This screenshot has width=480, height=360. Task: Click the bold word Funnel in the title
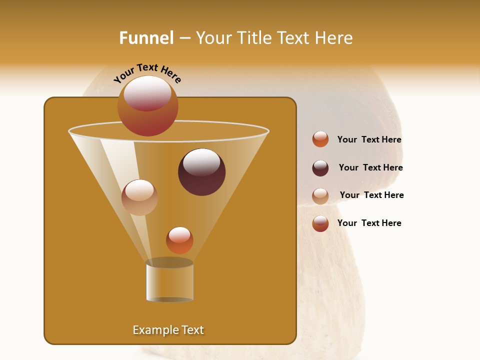coord(146,38)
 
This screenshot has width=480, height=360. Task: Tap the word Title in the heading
coord(254,38)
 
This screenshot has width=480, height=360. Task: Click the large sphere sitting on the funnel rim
coord(148,106)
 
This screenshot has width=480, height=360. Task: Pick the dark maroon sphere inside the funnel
coord(202,172)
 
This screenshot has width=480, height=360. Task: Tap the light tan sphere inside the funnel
coord(139,197)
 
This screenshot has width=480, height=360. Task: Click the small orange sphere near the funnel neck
coord(179,240)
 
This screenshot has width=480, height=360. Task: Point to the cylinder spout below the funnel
coord(169,281)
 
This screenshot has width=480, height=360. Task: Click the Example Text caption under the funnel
coord(168,330)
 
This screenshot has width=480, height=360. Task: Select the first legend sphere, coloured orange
coord(320,139)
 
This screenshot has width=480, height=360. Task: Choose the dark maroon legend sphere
coord(320,168)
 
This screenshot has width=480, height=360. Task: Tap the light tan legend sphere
coord(320,196)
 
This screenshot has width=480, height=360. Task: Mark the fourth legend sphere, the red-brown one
coord(320,223)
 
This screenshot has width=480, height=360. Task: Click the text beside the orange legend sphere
coord(369,140)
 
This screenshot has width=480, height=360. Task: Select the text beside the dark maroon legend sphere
coord(370,168)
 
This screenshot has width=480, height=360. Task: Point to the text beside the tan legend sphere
coord(371,195)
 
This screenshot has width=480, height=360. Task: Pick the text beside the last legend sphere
coord(369,223)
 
